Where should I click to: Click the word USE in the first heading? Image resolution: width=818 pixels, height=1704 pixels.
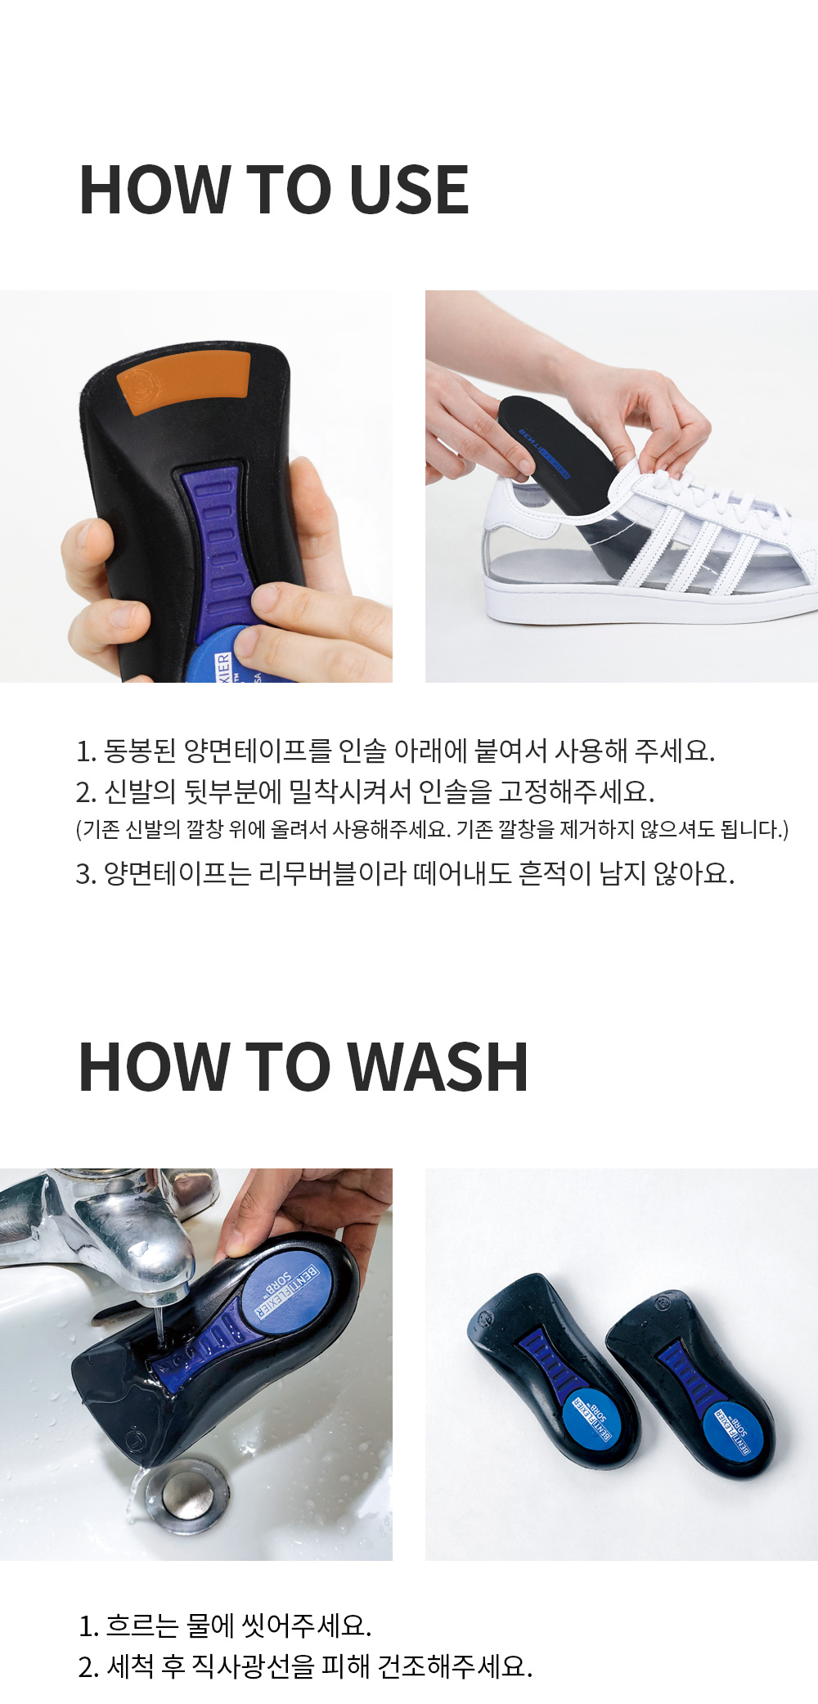click(x=409, y=190)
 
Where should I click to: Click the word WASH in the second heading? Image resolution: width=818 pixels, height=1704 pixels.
click(x=438, y=1067)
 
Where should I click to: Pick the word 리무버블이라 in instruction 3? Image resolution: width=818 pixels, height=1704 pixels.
click(x=332, y=873)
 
